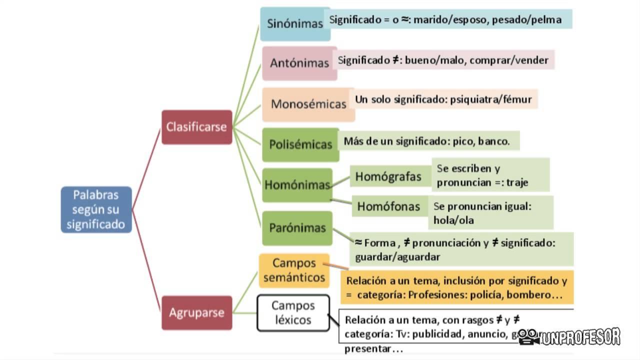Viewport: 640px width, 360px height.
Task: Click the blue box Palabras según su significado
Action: click(96, 209)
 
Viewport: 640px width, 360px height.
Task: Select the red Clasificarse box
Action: click(196, 127)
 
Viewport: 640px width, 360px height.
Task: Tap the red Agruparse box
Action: click(196, 313)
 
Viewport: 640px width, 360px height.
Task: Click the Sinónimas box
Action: click(294, 23)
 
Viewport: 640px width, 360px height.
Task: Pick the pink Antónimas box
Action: click(299, 63)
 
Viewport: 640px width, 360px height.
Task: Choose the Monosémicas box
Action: click(308, 104)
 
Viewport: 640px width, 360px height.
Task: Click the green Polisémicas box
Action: click(300, 144)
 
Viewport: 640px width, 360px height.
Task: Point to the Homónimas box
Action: click(297, 184)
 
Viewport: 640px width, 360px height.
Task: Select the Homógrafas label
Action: click(388, 176)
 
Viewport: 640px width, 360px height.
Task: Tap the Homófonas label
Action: click(388, 206)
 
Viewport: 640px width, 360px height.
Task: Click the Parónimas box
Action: click(297, 228)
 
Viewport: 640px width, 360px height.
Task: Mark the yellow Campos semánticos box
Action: click(294, 270)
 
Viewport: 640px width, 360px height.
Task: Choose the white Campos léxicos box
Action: click(293, 312)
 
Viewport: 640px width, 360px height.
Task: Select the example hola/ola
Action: click(453, 220)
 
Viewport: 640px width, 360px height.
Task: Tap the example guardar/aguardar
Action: click(397, 257)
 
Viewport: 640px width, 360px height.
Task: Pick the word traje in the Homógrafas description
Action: click(517, 182)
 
